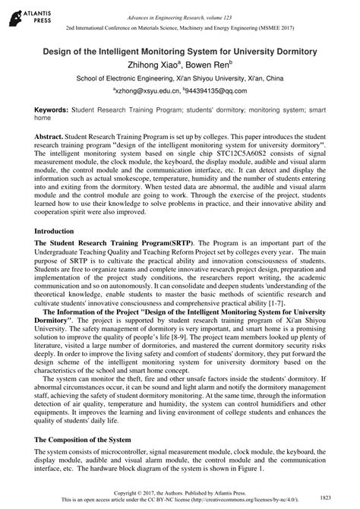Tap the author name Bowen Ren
pos(219,65)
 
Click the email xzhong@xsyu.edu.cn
pos(148,90)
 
